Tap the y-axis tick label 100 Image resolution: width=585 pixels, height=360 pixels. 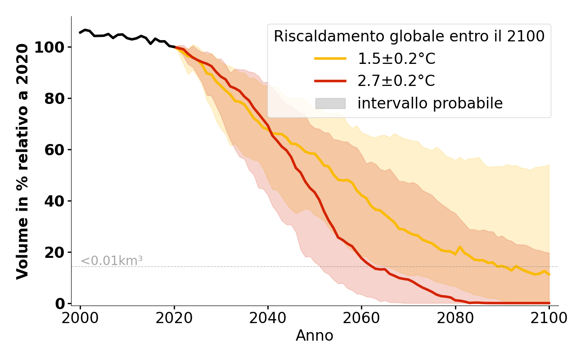coord(50,47)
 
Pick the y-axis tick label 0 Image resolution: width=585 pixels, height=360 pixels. coord(60,304)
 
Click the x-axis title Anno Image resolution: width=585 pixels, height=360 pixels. coord(315,336)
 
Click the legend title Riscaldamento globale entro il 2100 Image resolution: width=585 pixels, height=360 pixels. coord(409,36)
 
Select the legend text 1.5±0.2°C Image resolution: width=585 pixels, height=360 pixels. coord(396,58)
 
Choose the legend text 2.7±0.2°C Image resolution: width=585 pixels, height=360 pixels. coord(396,81)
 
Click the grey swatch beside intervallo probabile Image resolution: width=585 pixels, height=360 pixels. coord(330,103)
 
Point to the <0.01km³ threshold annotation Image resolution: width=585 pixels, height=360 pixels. coord(112,261)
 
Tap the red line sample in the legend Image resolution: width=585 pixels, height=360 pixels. coord(330,81)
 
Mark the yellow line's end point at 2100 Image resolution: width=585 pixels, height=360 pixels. coord(549,274)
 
